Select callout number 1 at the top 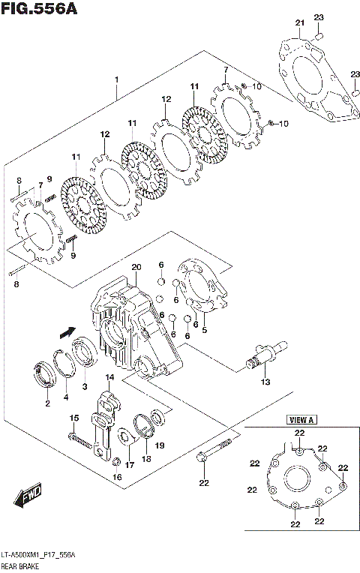point(117,79)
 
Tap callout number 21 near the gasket point(301,24)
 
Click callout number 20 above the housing point(136,268)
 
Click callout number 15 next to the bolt point(74,418)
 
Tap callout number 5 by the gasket point(205,329)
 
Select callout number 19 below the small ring point(160,445)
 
